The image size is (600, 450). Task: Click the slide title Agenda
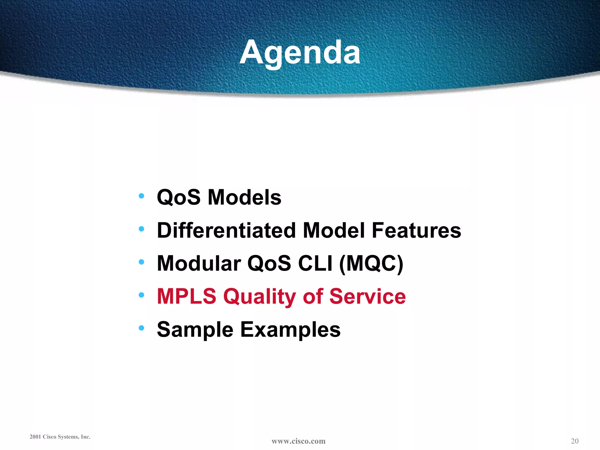[x=300, y=53]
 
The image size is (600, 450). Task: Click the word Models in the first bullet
[x=244, y=197]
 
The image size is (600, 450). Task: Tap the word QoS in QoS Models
[x=179, y=197]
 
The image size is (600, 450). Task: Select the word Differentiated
[x=226, y=230]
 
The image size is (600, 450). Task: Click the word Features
[x=416, y=230]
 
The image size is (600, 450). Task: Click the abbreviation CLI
[x=315, y=263]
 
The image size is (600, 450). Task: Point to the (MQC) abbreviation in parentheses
[x=371, y=263]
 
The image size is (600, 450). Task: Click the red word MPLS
[x=187, y=296]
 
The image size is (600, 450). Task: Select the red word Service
[x=367, y=296]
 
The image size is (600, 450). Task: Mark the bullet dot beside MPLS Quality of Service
[x=142, y=295]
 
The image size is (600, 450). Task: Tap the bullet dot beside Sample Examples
[x=142, y=328]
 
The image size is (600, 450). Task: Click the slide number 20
[x=575, y=441]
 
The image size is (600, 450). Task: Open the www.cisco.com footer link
[x=298, y=441]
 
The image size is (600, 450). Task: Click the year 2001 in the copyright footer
[x=35, y=437]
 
